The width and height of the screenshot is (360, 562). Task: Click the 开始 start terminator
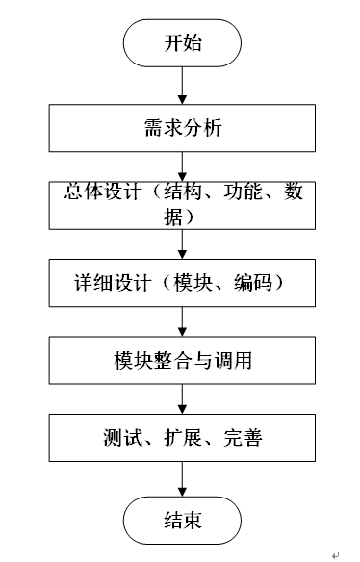coord(182,43)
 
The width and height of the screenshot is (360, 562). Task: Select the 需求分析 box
coord(182,128)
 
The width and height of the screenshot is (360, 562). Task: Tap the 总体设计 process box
coord(182,205)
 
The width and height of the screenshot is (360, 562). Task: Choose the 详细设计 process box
coord(182,283)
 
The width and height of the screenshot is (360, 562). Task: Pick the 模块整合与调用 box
coord(182,360)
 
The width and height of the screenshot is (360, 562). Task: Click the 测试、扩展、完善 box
coord(182,438)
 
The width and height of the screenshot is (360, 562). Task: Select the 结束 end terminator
coord(182,521)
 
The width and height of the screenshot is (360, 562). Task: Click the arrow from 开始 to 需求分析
coord(182,86)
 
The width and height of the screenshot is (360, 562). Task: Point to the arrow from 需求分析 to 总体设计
coord(182,166)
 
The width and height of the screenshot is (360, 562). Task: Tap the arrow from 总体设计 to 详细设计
coord(182,244)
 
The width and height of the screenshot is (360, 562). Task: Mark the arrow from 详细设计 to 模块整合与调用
coord(182,321)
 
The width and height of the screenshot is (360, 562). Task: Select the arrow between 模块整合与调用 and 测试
coord(182,399)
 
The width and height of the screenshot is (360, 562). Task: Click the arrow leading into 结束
coord(182,479)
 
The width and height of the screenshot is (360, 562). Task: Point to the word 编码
coord(253,283)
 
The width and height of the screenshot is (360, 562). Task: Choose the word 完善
coord(244,438)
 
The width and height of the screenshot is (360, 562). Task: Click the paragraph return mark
coord(335,555)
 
